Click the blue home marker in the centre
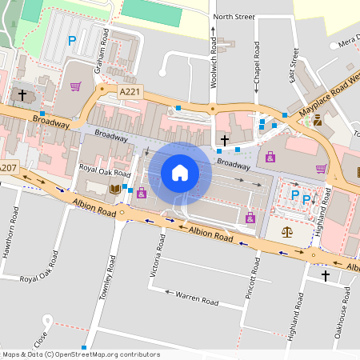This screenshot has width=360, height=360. [x=180, y=173]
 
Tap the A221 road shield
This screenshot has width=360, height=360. [x=130, y=92]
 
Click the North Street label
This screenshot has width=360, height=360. [x=234, y=16]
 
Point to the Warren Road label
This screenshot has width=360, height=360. [x=197, y=298]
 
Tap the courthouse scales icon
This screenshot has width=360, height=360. [x=287, y=231]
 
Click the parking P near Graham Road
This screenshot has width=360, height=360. [x=72, y=40]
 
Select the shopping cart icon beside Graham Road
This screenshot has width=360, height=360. [x=74, y=86]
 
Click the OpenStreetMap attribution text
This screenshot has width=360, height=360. [x=81, y=354]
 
